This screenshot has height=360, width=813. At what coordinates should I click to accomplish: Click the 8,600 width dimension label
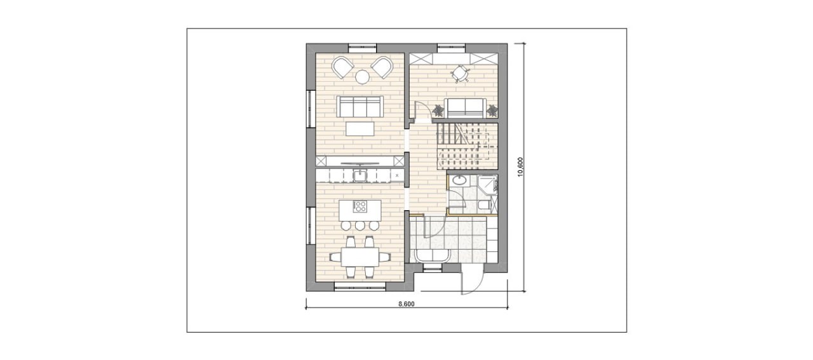(406, 304)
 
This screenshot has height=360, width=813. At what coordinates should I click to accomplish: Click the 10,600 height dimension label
(520, 167)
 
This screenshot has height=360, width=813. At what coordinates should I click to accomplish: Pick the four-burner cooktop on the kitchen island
(106, 206)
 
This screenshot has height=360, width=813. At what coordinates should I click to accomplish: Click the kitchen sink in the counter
(106, 176)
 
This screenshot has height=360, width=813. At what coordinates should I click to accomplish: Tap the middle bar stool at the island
(106, 226)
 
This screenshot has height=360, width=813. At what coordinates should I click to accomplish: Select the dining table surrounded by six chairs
(106, 257)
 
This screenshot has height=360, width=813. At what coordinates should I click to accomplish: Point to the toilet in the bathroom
(484, 205)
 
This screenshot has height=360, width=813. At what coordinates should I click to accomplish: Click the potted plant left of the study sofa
(438, 110)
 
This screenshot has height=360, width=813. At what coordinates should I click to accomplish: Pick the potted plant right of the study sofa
(492, 110)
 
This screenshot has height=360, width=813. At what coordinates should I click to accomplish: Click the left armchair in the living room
(88, 67)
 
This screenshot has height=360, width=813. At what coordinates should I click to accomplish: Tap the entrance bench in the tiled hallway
(434, 255)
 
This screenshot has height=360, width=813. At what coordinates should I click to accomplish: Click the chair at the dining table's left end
(81, 257)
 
